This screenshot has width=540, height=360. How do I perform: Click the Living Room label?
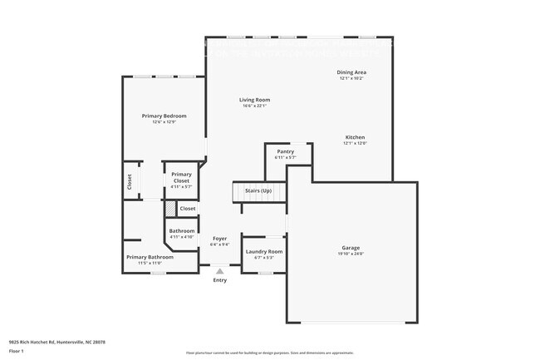[256, 100]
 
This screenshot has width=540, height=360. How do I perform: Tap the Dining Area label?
[352, 72]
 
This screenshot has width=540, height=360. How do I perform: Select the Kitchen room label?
[355, 137]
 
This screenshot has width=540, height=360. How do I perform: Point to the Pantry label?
[286, 152]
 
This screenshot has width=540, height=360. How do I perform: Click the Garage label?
[351, 248]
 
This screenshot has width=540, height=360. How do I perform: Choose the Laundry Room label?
[263, 251]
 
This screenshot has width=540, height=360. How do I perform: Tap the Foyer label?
[219, 239]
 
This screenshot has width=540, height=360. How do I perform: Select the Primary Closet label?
[181, 178]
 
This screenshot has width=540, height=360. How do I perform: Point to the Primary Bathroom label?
[150, 257]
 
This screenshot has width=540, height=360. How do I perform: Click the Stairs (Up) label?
[258, 190]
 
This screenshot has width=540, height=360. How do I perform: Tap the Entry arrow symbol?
[219, 271]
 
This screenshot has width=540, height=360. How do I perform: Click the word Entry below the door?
[219, 280]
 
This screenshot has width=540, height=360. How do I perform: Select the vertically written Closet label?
[130, 181]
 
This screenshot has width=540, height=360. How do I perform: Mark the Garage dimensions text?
[351, 254]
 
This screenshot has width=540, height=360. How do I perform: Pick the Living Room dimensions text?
[256, 106]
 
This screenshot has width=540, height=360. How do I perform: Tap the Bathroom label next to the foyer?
[182, 231]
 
